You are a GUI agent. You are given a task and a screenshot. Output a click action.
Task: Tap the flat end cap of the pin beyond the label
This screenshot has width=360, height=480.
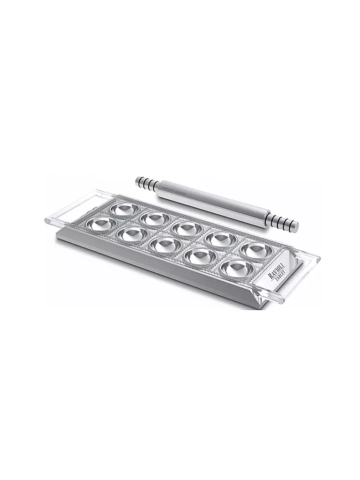tap(295, 226)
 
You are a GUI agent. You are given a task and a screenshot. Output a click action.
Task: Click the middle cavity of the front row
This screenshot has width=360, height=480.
tap(164, 244)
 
